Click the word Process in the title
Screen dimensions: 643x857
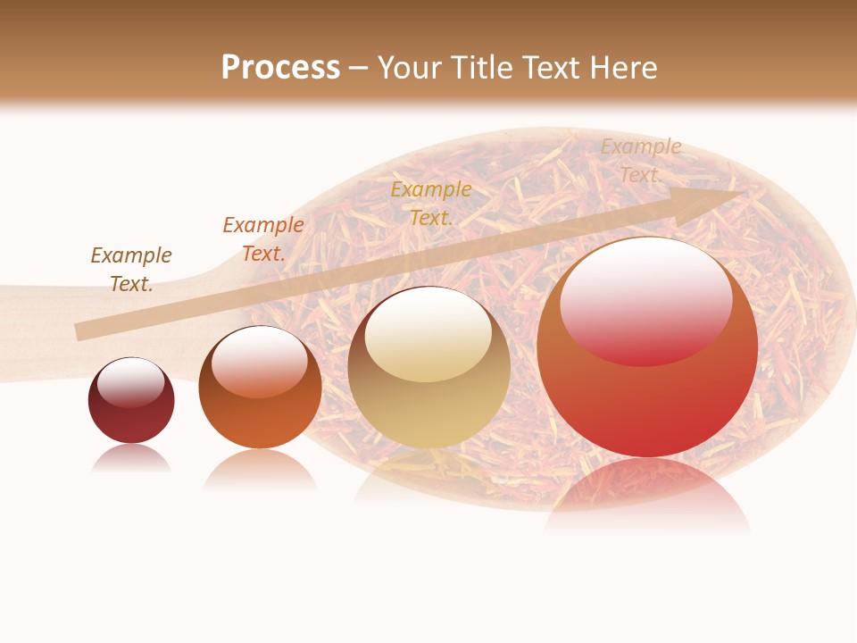click(280, 68)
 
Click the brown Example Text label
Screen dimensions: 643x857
click(131, 269)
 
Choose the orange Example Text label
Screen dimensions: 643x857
click(263, 238)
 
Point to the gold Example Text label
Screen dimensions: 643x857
click(431, 203)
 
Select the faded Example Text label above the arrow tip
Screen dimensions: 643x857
click(641, 161)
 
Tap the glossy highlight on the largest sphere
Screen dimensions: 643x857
click(645, 300)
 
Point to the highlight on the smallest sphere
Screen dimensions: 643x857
click(130, 382)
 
